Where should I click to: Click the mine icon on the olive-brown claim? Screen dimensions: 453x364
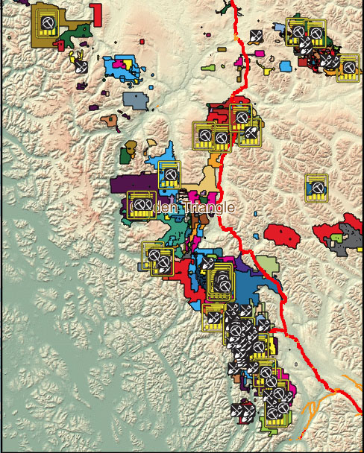coord(47,25)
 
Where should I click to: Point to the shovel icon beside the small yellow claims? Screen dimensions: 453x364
coord(81,66)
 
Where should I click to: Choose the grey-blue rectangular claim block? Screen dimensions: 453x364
coord(135,99)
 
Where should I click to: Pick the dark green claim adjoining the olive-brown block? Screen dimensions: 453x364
coord(78,33)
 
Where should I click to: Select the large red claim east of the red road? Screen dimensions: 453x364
coord(281,235)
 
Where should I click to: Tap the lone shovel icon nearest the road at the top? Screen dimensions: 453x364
coord(256,36)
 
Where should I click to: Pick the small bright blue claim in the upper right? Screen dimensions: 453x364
coord(286,66)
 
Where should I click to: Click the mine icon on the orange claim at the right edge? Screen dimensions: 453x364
coord(348,67)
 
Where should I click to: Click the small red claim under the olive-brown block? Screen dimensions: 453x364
coord(60,44)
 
